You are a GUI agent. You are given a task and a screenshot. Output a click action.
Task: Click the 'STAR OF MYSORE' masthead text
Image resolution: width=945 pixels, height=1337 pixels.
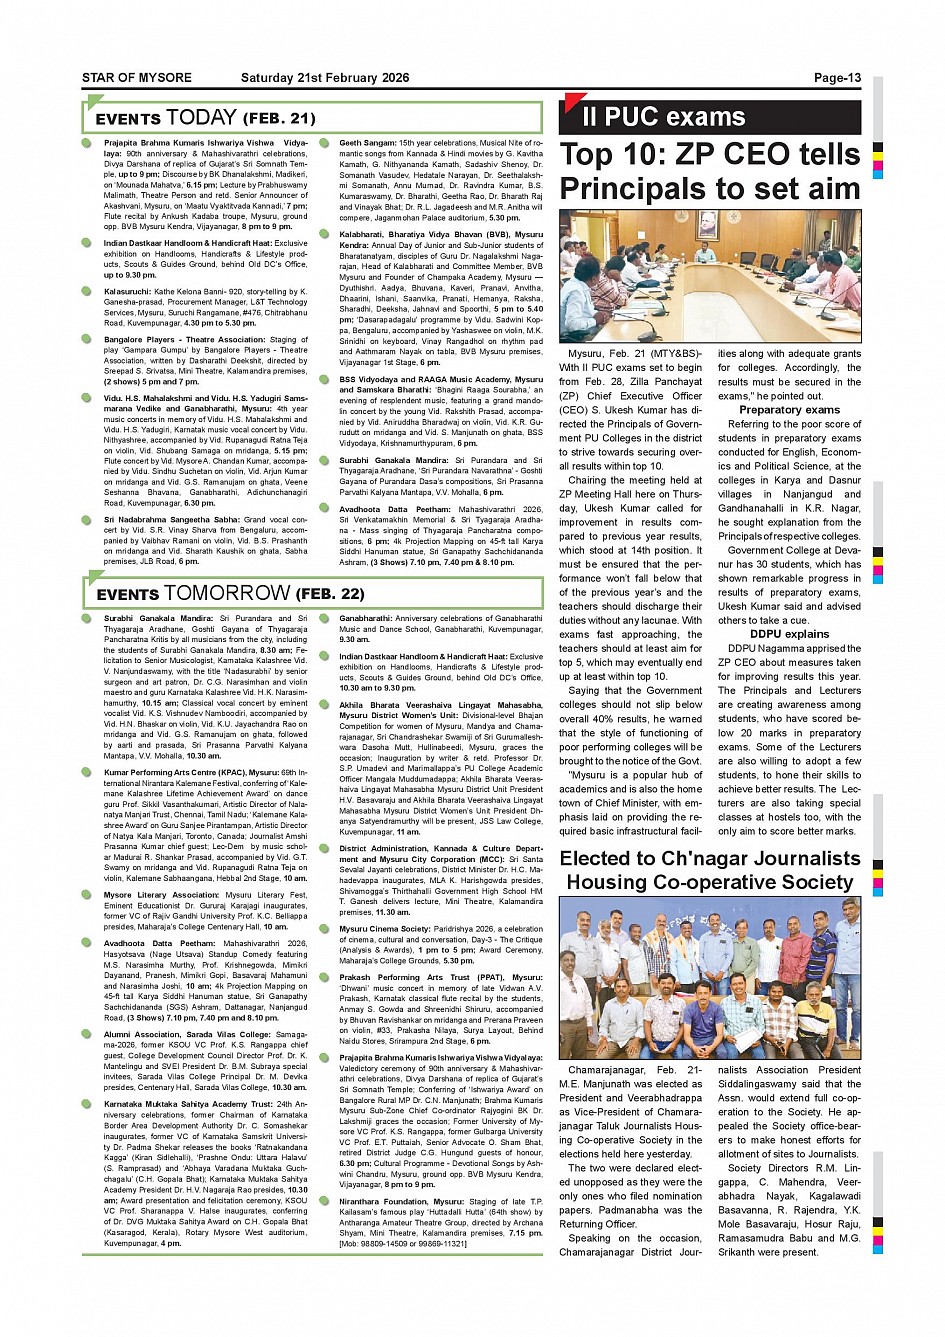137,78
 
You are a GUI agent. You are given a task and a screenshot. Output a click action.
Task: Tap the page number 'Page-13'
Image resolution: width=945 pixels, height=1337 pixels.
837,78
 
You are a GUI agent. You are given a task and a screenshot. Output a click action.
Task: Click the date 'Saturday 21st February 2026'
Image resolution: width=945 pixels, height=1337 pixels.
325,78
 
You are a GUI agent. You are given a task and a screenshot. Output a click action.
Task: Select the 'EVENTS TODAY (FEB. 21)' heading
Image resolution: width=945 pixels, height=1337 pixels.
205,118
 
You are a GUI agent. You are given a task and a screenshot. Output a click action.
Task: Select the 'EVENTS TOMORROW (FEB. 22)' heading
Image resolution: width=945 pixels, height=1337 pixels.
230,593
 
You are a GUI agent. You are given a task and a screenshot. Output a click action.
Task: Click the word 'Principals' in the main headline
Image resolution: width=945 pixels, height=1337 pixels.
635,189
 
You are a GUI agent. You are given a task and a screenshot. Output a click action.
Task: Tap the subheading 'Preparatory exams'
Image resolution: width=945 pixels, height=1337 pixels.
789,410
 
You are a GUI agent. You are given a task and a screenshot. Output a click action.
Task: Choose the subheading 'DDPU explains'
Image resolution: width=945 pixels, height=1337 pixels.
789,634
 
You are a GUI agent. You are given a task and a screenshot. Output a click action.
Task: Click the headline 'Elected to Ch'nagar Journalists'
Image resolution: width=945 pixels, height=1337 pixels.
709,858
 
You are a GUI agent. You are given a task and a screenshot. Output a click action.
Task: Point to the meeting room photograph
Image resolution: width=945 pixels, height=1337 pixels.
709,275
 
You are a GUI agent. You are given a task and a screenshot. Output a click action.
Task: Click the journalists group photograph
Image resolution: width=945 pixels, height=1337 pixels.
709,978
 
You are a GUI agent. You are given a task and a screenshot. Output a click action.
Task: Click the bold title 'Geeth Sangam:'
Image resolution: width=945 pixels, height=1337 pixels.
368,144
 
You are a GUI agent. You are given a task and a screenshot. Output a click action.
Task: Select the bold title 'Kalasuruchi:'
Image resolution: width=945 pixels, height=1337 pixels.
128,292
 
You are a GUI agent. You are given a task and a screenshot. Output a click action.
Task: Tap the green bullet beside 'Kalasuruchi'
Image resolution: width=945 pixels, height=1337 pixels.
88,292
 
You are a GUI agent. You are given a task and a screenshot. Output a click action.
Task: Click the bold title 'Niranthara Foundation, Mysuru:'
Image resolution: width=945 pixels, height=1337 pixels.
386,1202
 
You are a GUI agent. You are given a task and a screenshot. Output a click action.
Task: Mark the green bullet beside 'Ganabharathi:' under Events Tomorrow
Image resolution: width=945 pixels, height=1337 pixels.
324,619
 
